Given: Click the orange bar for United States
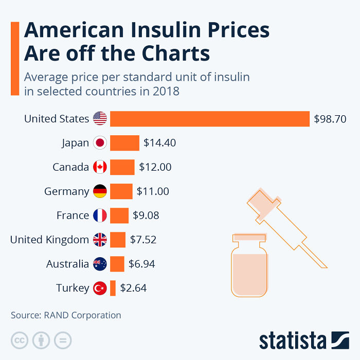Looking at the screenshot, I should coord(210,119).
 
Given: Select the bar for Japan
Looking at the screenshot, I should coord(124,143).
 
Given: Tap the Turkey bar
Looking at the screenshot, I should coord(113,288).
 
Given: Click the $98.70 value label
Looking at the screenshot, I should coord(330,119).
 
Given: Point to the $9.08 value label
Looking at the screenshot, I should coord(146,215).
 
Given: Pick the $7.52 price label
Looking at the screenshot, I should coord(143,240).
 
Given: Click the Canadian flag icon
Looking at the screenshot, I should coord(100,167).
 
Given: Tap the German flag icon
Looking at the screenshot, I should coord(100,191).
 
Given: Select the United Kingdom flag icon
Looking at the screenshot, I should coord(100,240).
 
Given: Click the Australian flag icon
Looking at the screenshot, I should coord(100,264).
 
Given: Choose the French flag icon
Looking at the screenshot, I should coord(100,215).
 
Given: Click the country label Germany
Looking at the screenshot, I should coord(67,191).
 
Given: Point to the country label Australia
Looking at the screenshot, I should coord(67,264).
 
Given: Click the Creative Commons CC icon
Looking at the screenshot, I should coord(20,340).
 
